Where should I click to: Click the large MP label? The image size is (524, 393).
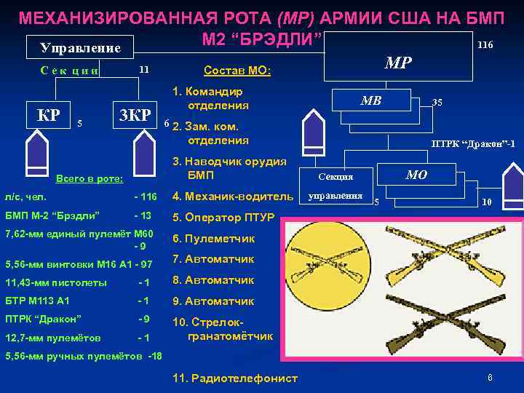(x=398, y=63)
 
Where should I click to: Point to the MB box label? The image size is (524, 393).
(x=371, y=100)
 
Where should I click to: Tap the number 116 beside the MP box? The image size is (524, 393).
(x=485, y=45)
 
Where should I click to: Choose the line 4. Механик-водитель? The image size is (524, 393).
(x=232, y=196)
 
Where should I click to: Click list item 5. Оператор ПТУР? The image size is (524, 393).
(x=223, y=217)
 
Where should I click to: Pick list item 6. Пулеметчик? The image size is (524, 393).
(x=214, y=238)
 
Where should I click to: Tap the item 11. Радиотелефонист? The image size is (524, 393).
(x=235, y=378)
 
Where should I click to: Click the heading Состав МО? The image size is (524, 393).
(x=237, y=71)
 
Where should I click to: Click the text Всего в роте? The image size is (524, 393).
(x=90, y=178)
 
